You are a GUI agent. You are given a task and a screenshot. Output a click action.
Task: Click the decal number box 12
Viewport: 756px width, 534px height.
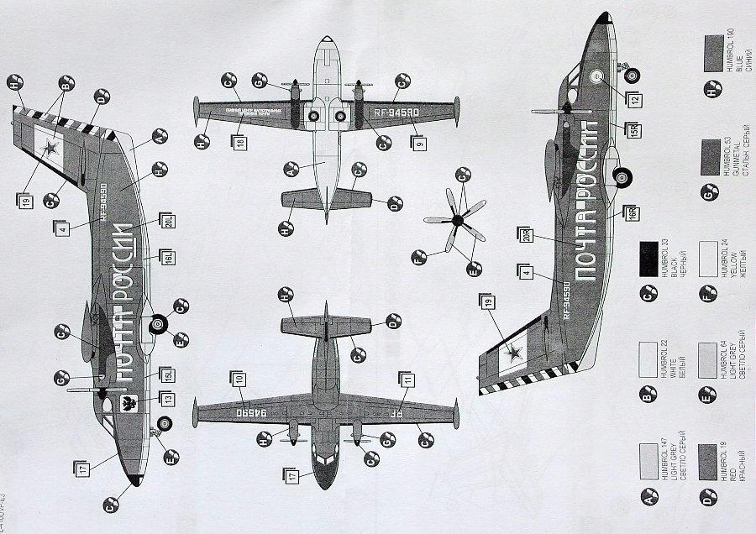click(635, 99)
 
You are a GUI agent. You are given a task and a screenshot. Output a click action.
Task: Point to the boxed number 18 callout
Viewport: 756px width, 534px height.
click(241, 144)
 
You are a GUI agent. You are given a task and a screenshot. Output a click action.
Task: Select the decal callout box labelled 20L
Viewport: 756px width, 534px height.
click(168, 222)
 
